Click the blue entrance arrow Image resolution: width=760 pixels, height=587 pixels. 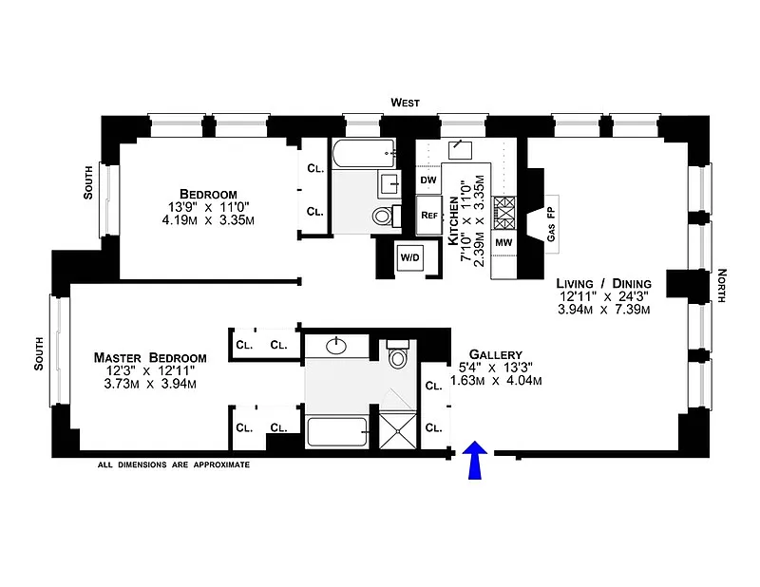[474, 460]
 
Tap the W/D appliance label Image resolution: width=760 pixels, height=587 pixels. [409, 257]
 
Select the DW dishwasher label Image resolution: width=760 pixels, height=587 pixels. [428, 180]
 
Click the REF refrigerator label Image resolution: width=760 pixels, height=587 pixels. [429, 215]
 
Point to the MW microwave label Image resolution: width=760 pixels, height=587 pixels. [503, 242]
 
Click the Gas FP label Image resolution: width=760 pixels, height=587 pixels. [551, 224]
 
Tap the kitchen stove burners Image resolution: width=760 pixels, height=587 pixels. [504, 213]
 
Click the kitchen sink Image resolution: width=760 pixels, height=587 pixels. [460, 150]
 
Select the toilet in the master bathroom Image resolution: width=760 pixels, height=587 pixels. [398, 354]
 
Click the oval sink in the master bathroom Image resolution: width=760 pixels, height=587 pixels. [336, 346]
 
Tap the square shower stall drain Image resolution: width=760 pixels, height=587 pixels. [397, 430]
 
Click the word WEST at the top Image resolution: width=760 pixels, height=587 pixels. [406, 103]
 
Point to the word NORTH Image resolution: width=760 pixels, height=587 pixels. [722, 286]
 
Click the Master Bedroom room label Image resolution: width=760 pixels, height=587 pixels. [150, 358]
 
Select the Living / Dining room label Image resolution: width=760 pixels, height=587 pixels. [604, 284]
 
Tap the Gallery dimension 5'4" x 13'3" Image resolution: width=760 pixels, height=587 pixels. [496, 367]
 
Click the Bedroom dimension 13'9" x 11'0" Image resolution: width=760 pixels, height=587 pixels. [208, 207]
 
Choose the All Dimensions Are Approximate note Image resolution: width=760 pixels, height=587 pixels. [174, 464]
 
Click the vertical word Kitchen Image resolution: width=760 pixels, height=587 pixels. [453, 221]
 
